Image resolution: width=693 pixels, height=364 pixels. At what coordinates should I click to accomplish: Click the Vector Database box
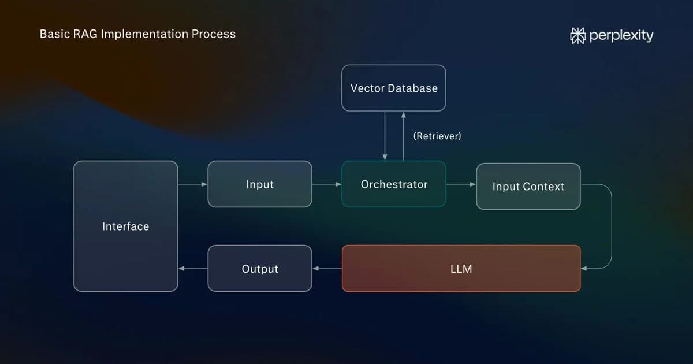click(x=393, y=88)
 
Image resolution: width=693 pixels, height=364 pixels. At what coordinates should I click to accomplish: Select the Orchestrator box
click(x=393, y=184)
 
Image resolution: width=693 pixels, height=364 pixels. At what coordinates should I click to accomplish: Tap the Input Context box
click(x=528, y=186)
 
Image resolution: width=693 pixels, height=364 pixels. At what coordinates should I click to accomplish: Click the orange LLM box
click(x=461, y=268)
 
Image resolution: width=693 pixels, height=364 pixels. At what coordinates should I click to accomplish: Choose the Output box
click(x=260, y=268)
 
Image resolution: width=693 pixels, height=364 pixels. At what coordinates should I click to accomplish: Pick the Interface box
click(x=126, y=226)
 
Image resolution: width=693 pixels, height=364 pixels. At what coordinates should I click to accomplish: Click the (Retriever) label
click(x=437, y=136)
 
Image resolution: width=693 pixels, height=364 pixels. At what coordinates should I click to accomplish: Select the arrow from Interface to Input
click(x=193, y=184)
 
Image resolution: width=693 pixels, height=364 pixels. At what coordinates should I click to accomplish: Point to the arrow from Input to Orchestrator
click(x=327, y=184)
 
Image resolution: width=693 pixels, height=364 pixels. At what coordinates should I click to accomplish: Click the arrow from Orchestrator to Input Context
click(x=461, y=184)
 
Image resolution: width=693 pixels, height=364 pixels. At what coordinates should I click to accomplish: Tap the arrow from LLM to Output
click(x=327, y=268)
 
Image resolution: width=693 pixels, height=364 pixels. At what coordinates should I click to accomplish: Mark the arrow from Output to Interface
click(x=193, y=268)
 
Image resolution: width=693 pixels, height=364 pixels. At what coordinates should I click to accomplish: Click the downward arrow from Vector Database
click(x=385, y=136)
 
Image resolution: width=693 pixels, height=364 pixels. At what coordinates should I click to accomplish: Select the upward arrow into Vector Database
click(x=404, y=136)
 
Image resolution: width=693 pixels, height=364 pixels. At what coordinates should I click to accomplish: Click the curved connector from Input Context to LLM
click(x=612, y=226)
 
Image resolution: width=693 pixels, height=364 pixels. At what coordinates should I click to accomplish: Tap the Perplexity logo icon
click(x=577, y=36)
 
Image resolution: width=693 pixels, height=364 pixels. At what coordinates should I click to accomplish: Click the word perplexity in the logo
click(x=621, y=36)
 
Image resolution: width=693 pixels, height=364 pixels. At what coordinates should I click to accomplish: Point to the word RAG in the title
click(x=85, y=34)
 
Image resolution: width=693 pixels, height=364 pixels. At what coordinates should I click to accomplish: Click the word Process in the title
click(x=214, y=34)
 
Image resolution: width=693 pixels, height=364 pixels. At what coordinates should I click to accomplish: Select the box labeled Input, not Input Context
click(x=260, y=184)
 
